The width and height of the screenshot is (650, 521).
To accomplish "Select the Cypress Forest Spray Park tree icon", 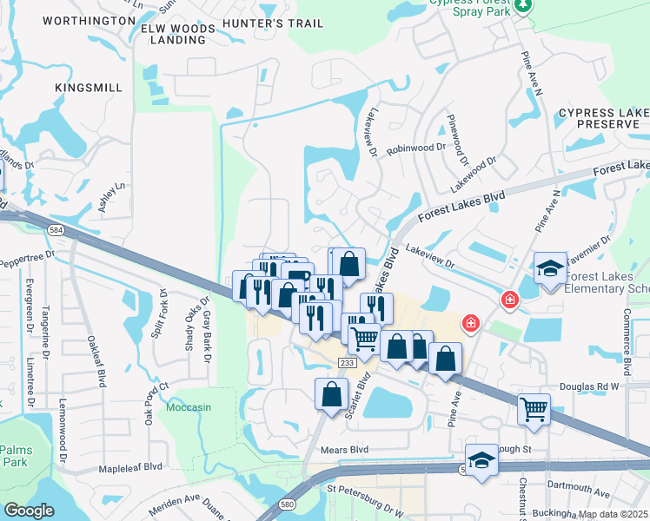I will point(522,8).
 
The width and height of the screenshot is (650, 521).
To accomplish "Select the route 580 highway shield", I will point(286,505).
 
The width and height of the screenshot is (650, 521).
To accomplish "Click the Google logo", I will point(29,511).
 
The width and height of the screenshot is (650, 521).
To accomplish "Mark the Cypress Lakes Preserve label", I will point(603,119).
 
